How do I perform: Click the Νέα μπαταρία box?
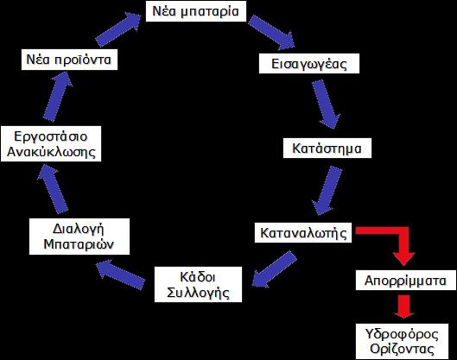coord(196,11)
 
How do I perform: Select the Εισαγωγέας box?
coord(309,64)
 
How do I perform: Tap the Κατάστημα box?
coord(327,148)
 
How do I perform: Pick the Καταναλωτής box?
coord(303,233)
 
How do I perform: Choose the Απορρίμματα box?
coord(406,281)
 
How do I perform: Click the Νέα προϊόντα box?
coord(69,60)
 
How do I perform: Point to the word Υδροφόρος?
coord(402,334)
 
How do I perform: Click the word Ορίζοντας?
coord(402,349)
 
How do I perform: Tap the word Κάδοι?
coord(198,277)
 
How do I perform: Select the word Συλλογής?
coord(198,293)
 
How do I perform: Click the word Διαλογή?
coord(79,229)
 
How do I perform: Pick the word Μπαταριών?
coord(79,244)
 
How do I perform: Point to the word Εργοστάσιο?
coord(51,136)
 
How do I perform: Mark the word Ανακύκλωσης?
coord(51,152)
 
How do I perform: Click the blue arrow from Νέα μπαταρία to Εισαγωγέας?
coord(271,32)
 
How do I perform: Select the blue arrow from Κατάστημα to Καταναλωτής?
coord(327,191)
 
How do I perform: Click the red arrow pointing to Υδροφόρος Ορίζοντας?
coord(403,306)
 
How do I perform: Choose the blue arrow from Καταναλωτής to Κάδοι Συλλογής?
coord(274,269)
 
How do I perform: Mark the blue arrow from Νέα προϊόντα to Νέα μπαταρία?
coord(118,29)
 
